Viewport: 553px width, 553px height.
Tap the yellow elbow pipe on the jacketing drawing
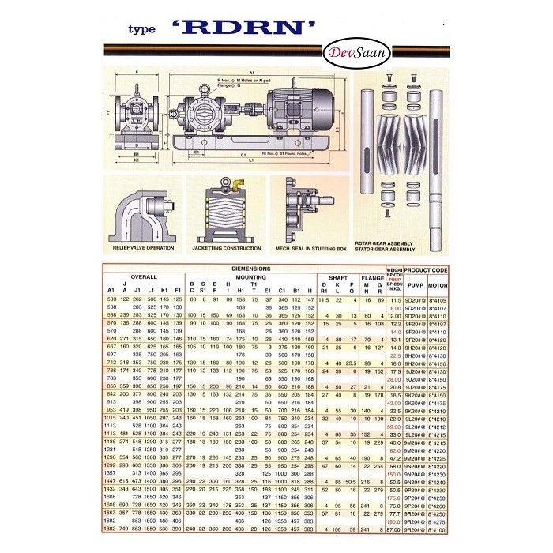pyautogui.click(x=235, y=184)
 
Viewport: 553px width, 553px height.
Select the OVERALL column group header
pyautogui.click(x=144, y=277)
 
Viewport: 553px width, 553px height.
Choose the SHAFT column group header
pyautogui.click(x=337, y=277)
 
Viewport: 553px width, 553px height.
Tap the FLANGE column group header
pyautogui.click(x=372, y=277)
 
